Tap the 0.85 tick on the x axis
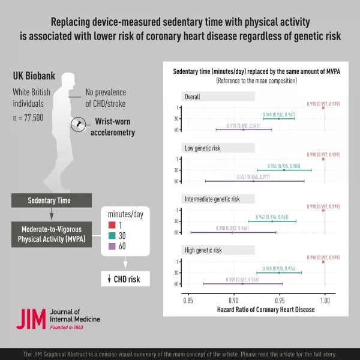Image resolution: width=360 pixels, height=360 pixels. click(x=188, y=298)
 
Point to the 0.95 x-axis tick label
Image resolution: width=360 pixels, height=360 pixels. click(x=279, y=298)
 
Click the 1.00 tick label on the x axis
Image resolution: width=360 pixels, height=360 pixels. click(x=325, y=298)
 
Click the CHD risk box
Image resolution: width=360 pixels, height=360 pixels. click(x=125, y=278)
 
